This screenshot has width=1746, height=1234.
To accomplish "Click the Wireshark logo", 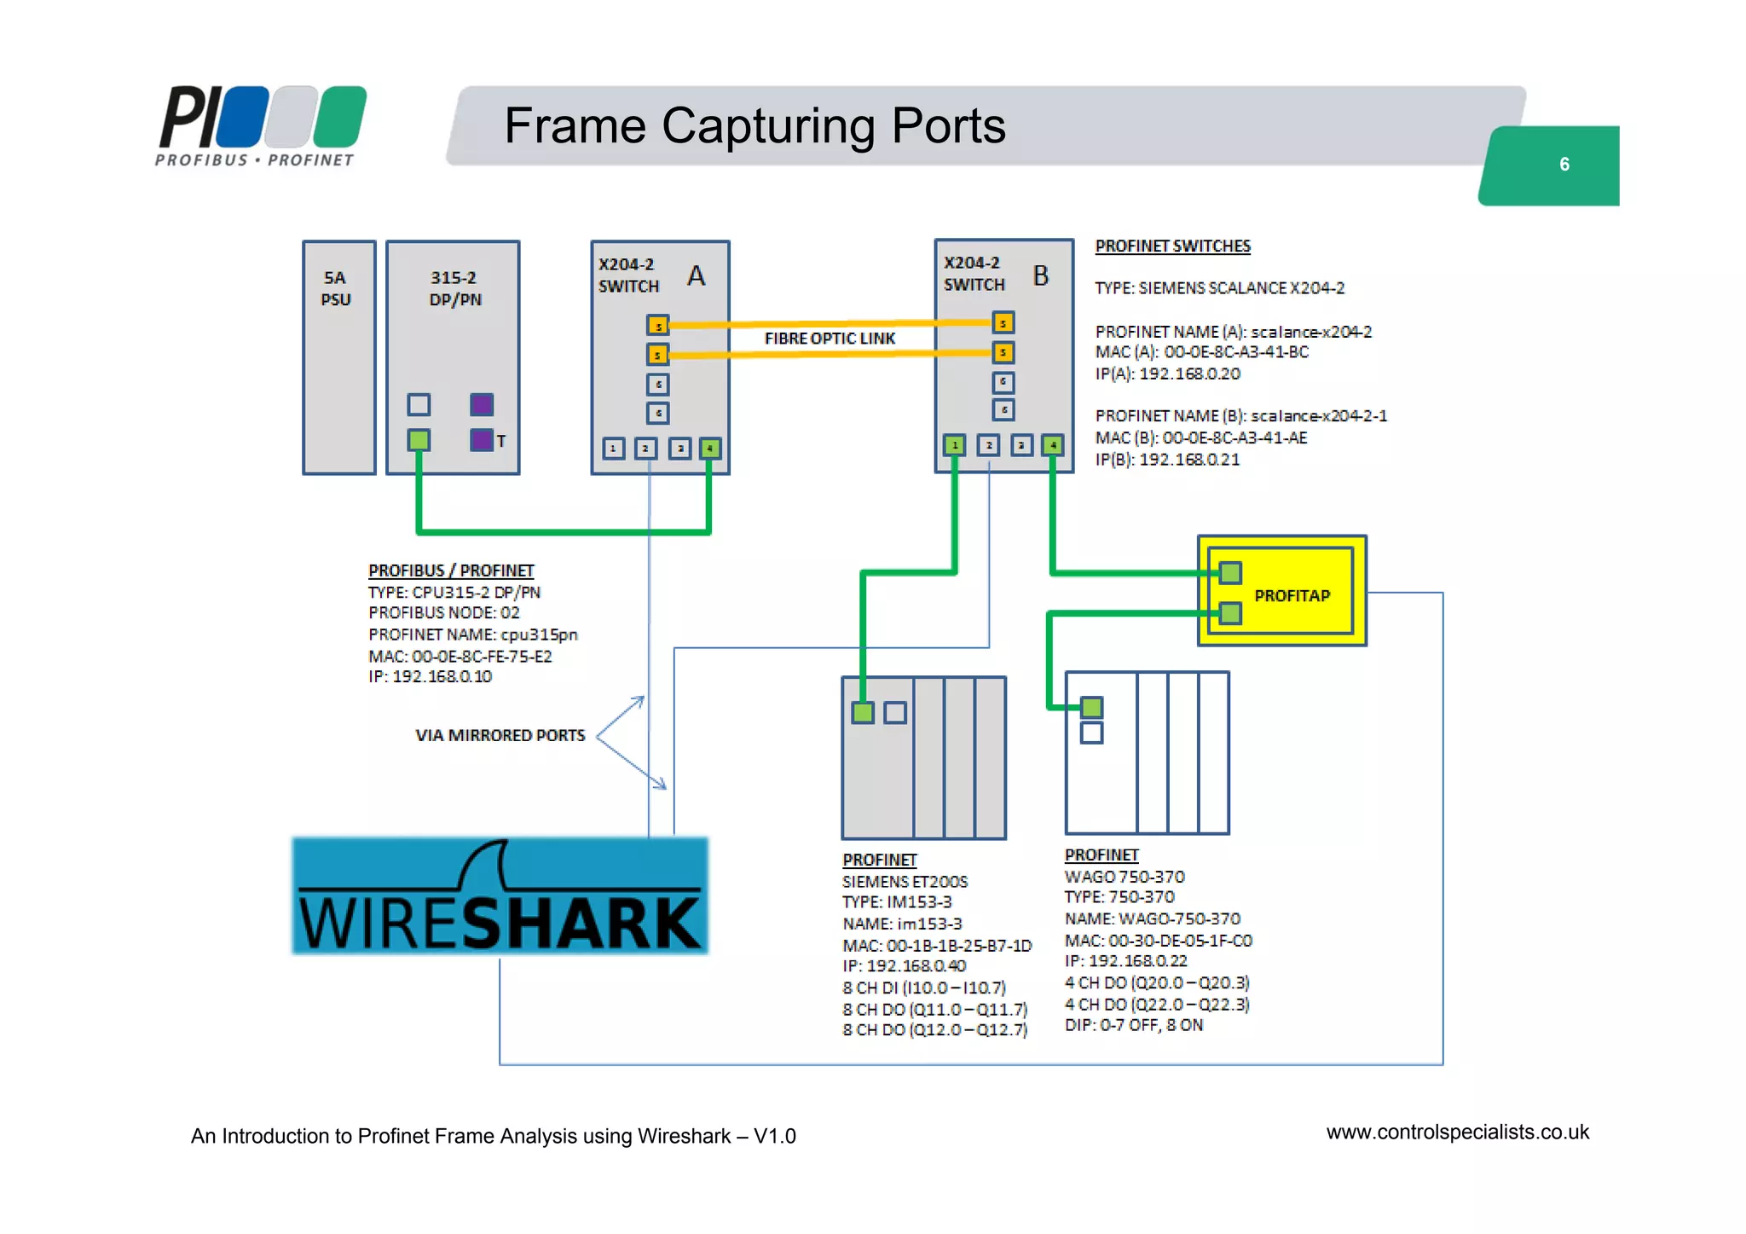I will pos(500,895).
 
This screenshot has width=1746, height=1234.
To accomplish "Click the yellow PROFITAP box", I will pos(1292,594).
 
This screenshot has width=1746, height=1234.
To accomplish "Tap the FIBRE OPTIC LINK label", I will pos(830,339).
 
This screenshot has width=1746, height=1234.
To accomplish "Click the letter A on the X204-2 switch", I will pos(696,275).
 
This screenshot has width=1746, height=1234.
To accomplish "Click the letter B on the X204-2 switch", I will pos(1040,275).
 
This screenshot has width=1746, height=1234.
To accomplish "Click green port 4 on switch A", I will pos(709,449).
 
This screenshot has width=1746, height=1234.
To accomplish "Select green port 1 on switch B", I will pos(954,444).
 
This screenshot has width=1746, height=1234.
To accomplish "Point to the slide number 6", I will pos(1564,165).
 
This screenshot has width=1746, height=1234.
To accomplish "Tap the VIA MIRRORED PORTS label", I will pos(500,735).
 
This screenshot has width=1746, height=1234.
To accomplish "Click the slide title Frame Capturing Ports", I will pos(754,125).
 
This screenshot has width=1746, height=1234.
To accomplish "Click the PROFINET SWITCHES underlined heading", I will pos(1172,246).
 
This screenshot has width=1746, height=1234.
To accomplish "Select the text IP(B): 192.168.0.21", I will pos(1167,460).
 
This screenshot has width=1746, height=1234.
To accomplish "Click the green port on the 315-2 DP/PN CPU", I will pos(419,440).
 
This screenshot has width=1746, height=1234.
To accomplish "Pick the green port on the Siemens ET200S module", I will pos(863,712).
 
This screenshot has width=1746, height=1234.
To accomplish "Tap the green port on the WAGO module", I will pos(1091,707).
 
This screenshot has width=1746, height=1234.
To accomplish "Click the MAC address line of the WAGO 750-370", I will pos(1158,940).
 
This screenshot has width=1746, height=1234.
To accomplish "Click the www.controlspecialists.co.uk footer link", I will pos(1457,1133).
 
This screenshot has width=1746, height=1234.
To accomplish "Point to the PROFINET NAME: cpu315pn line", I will pos(472,634).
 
